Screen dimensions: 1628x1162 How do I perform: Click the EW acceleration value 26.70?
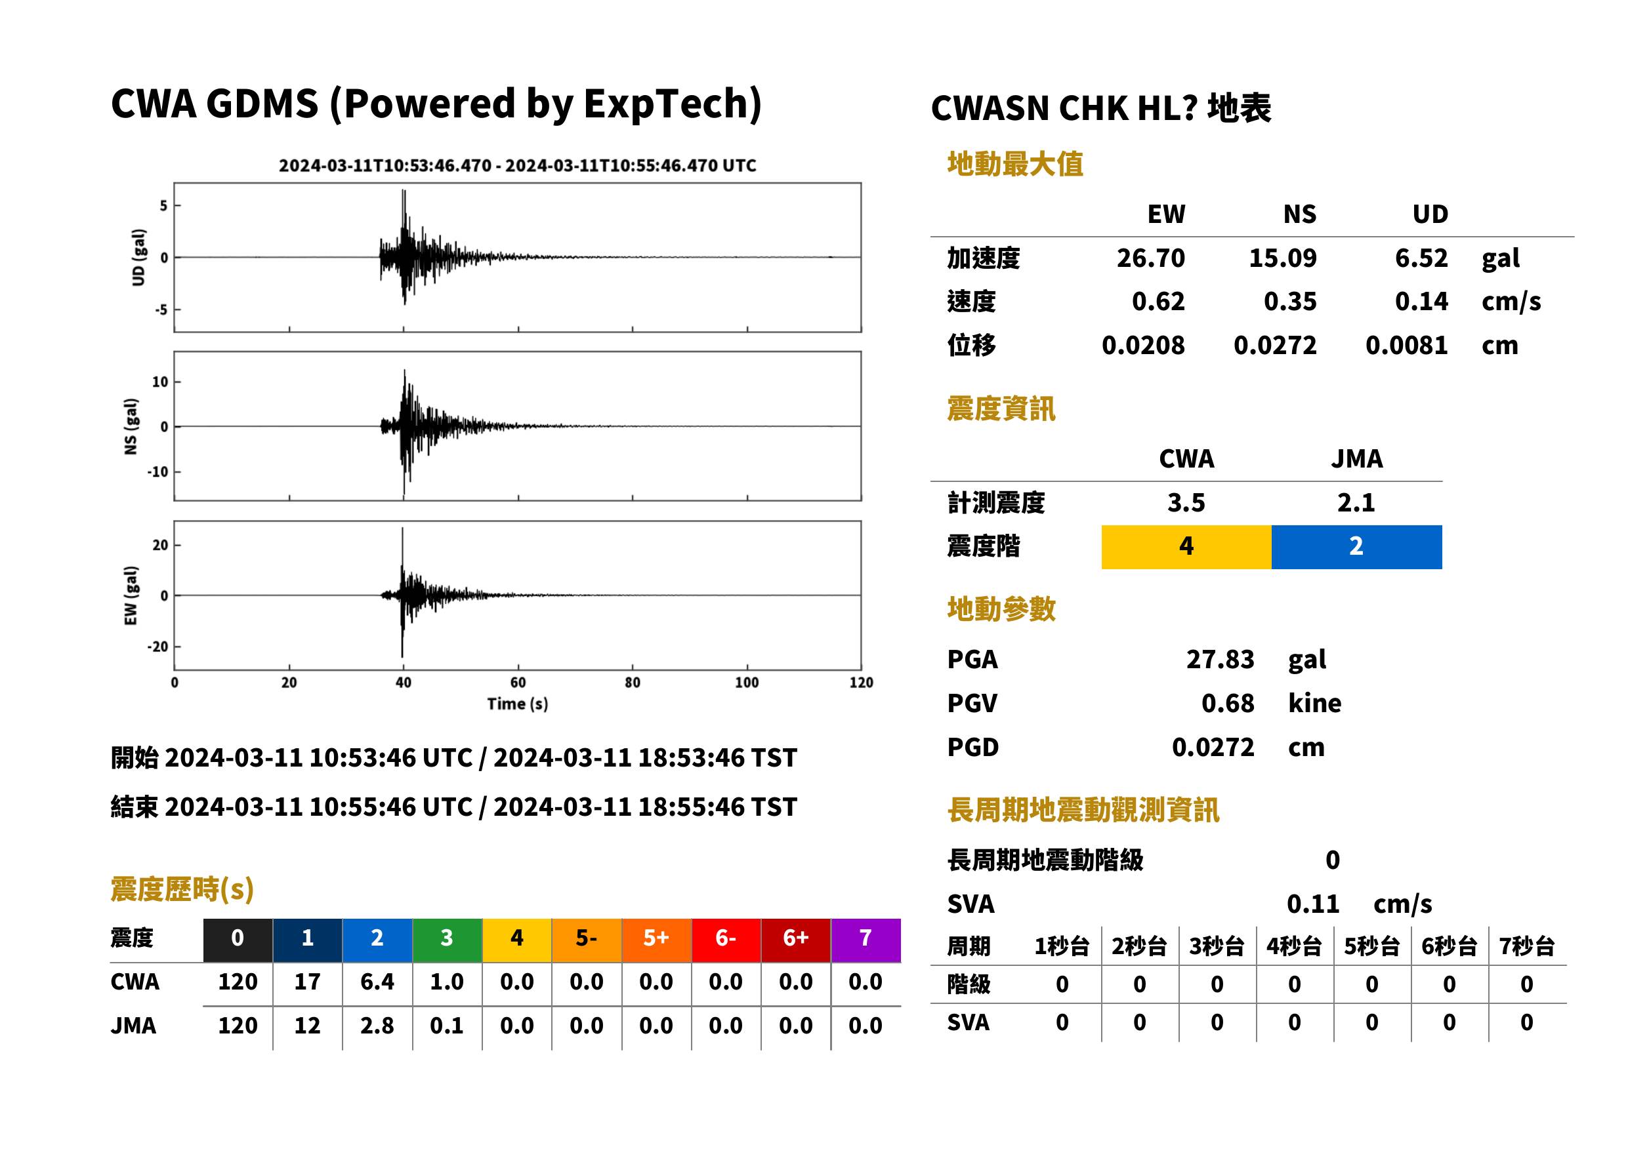click(1150, 258)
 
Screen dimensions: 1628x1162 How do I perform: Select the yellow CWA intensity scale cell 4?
click(1186, 547)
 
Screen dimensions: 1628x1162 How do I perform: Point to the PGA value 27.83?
click(1220, 659)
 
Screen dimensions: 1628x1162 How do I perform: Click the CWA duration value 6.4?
click(377, 982)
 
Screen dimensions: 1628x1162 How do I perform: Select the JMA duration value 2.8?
click(377, 1026)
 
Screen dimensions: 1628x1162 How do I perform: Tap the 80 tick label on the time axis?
click(632, 683)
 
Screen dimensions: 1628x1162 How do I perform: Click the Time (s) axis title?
click(518, 704)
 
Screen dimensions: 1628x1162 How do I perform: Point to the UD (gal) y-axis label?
click(138, 258)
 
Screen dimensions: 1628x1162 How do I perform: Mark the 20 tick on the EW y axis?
click(159, 545)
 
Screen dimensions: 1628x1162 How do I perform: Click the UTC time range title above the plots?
click(518, 165)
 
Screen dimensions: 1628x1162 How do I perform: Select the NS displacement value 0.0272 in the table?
click(1275, 345)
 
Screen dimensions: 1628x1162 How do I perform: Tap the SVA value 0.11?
click(1313, 904)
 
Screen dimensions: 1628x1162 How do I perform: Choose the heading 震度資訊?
click(1001, 409)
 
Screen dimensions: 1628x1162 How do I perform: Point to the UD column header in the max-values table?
click(1430, 214)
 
